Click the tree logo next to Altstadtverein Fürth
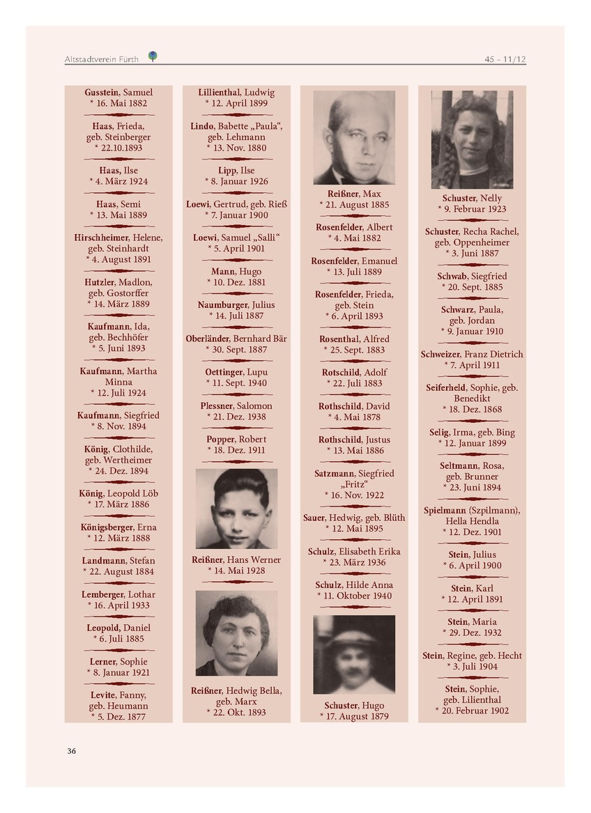pos(153,56)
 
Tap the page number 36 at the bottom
pos(71,750)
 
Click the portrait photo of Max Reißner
pos(354,137)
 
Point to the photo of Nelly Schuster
pos(472,139)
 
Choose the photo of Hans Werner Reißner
pos(236,509)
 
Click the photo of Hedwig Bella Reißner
pos(236,633)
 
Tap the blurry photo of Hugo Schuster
pos(354,654)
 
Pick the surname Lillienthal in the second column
pos(219,92)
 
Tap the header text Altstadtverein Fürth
pos(101,59)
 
